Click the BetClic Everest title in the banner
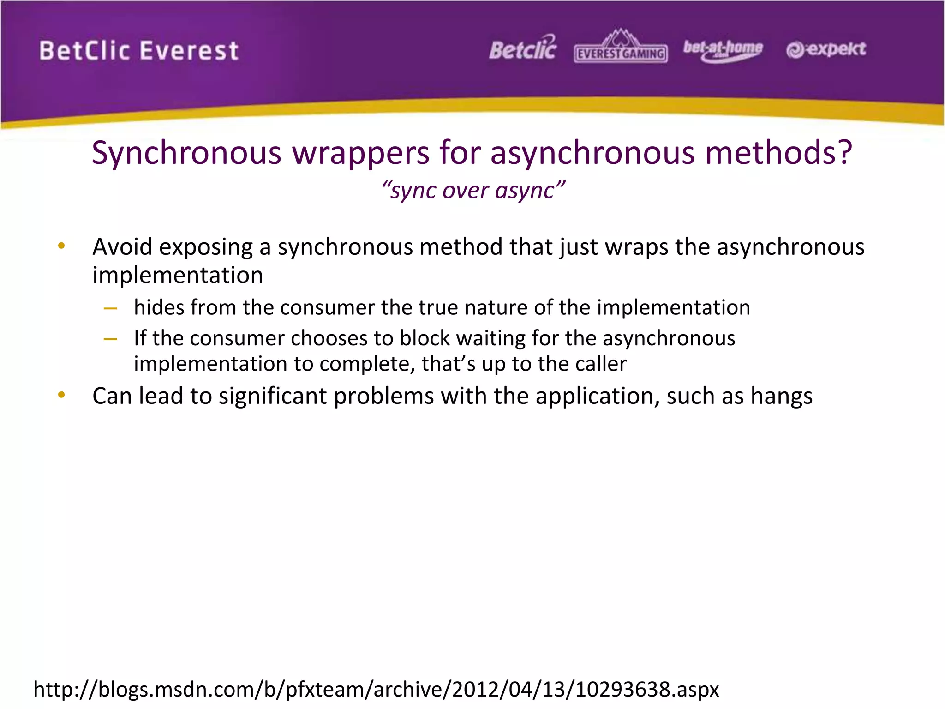139,51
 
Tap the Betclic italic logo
523,49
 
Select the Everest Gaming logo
621,48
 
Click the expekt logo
826,49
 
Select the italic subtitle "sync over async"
473,190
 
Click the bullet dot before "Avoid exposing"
61,246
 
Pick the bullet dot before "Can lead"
61,395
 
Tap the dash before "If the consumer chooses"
111,339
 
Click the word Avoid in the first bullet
122,246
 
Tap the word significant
273,396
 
